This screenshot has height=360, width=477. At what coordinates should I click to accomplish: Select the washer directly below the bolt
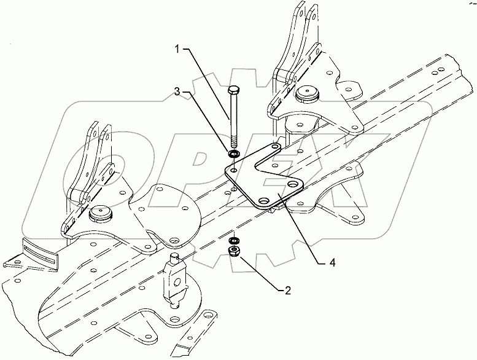tap(234, 152)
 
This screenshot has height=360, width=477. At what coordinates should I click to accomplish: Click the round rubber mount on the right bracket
tap(306, 93)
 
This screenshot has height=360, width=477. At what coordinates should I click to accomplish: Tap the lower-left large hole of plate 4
tap(264, 201)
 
